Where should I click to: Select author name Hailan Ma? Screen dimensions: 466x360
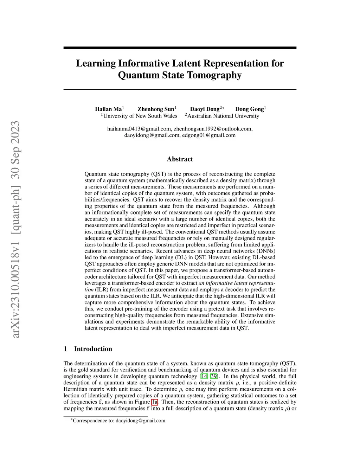click(x=108, y=109)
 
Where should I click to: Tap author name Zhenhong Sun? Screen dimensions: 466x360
click(x=156, y=109)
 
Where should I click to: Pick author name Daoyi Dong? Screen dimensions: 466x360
click(x=205, y=109)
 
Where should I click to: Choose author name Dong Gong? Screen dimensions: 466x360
click(x=249, y=109)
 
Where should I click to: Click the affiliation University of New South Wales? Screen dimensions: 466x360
click(x=140, y=116)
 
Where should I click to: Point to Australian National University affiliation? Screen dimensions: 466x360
click(x=223, y=116)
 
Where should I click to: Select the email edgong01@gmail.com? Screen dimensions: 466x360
click(x=209, y=135)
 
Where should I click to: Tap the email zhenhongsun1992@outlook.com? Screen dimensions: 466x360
click(x=213, y=129)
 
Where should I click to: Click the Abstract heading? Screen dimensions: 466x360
click(x=180, y=159)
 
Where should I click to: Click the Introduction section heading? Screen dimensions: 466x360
click(x=93, y=349)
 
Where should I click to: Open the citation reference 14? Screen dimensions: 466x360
click(x=204, y=376)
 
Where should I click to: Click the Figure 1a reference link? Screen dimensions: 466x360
click(x=154, y=402)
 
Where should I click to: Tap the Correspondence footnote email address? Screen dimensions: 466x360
click(x=141, y=421)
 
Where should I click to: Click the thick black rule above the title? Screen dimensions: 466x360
click(x=180, y=47)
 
